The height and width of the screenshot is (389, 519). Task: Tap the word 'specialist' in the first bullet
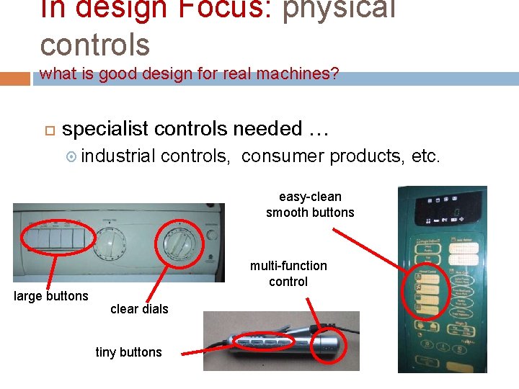coord(105,129)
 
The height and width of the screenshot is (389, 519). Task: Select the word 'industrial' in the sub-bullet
coord(118,156)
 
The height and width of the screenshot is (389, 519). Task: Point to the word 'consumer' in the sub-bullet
coord(283,156)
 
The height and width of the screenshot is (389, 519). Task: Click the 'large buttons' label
coord(51,296)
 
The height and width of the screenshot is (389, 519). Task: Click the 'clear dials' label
coord(139,309)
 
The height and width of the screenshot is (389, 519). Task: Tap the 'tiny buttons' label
coord(128,352)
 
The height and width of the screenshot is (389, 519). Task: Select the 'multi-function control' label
coord(288,274)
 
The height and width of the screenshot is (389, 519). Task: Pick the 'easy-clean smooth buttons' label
coord(310,205)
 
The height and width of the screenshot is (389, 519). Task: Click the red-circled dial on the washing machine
coord(177,241)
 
